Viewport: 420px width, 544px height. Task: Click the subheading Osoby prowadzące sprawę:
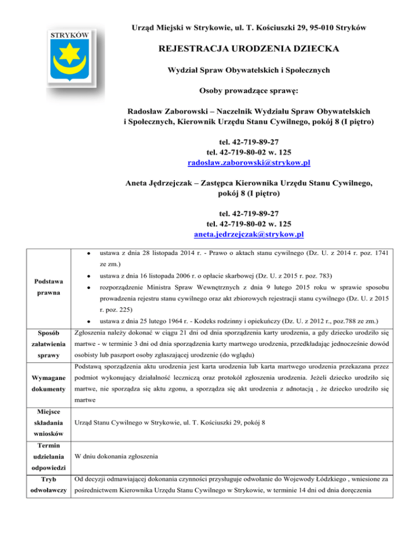249,89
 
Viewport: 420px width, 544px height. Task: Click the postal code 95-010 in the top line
325,27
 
